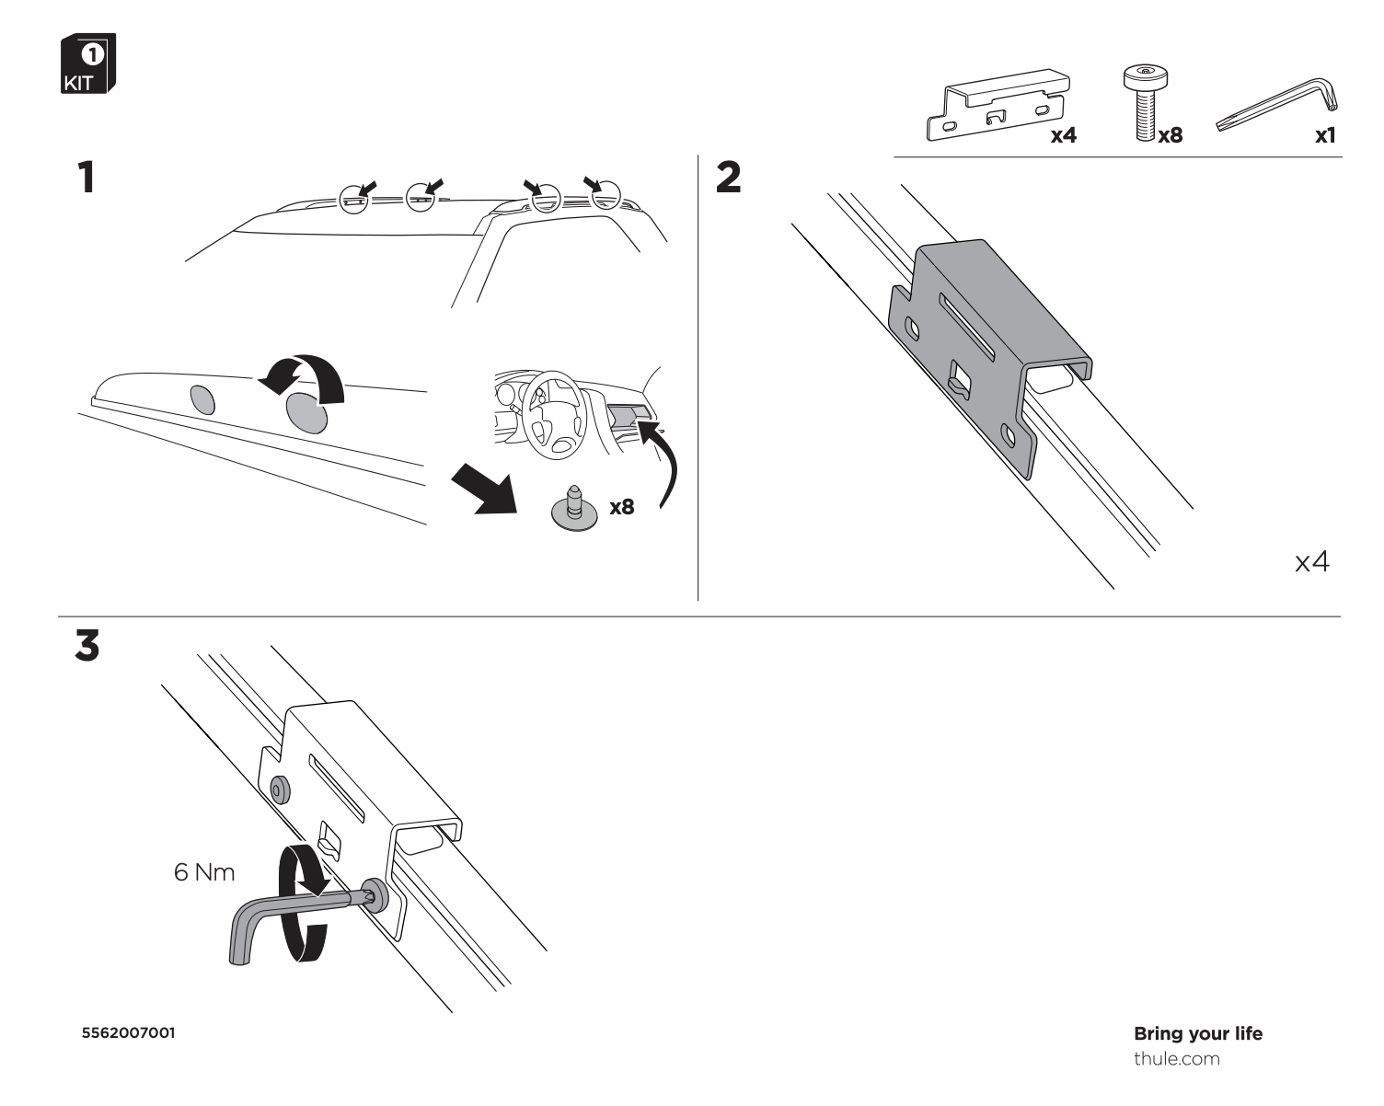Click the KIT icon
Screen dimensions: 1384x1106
[88, 63]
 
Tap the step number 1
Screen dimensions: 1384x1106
[86, 178]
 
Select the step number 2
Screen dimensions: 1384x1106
[728, 178]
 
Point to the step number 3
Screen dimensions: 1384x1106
[87, 645]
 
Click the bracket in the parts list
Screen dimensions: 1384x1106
[998, 104]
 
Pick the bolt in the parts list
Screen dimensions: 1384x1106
[1146, 103]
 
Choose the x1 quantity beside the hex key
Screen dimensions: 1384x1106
[1325, 135]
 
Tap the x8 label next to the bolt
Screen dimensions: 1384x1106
[1171, 135]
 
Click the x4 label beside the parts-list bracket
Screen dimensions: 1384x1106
[1064, 135]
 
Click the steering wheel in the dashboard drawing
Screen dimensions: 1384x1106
[554, 415]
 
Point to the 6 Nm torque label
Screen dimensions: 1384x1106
[204, 872]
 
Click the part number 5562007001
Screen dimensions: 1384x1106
[128, 1033]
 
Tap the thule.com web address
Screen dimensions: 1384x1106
[1176, 1059]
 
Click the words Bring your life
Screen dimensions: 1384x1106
[1198, 1034]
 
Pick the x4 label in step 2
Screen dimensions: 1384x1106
[1312, 562]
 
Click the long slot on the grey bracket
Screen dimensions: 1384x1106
[966, 327]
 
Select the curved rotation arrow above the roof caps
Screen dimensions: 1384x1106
[301, 377]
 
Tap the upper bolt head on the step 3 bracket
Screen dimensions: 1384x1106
[280, 789]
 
